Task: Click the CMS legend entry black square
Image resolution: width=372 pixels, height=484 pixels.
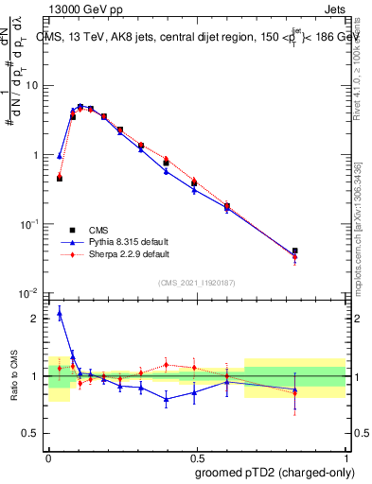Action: [x=72, y=230]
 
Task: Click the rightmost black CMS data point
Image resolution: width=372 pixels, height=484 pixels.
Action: [x=295, y=251]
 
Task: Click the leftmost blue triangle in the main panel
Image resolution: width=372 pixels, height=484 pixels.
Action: [x=60, y=156]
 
